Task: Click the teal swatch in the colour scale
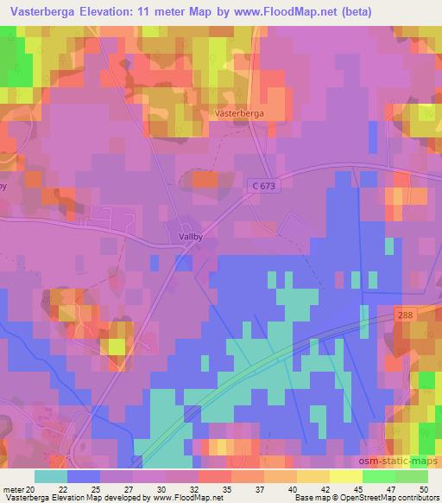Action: pyautogui.click(x=51, y=476)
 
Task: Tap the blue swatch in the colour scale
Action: pyautogui.click(x=84, y=476)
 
